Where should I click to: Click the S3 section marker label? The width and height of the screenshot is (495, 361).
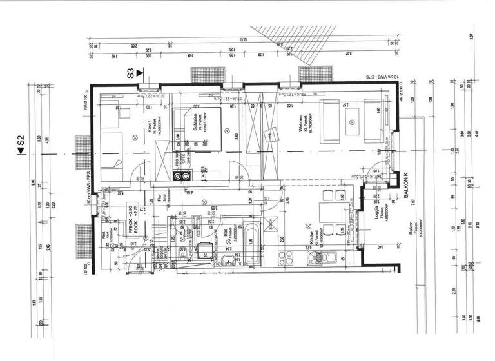(x=131, y=73)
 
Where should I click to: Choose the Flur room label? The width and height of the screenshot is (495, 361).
(x=157, y=200)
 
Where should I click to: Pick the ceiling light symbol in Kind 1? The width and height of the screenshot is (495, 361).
(x=135, y=136)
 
